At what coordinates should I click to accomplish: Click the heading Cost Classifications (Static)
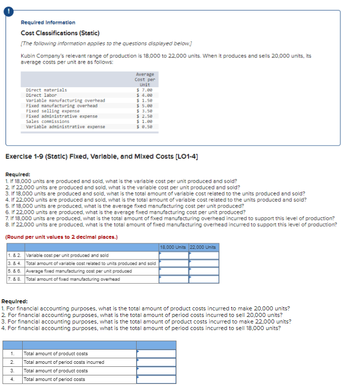pyautogui.click(x=56, y=33)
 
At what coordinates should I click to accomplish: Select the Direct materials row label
pyautogui.click(x=46, y=90)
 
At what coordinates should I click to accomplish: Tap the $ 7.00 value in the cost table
pyautogui.click(x=145, y=90)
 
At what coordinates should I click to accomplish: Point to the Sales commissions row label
pyautogui.click(x=48, y=121)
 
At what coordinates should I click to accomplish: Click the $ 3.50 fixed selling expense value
pyautogui.click(x=145, y=111)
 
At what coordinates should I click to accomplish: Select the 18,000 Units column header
pyautogui.click(x=174, y=247)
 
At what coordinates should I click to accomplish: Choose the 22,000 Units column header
pyautogui.click(x=204, y=247)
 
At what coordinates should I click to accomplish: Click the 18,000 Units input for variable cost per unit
pyautogui.click(x=174, y=255)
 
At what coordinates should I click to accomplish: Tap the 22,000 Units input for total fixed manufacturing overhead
pyautogui.click(x=204, y=279)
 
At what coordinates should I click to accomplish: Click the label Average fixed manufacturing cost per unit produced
pyautogui.click(x=79, y=271)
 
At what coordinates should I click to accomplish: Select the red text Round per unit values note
pyautogui.click(x=61, y=237)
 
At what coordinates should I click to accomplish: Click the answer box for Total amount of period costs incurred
pyautogui.click(x=156, y=362)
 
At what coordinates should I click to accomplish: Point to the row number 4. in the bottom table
pyautogui.click(x=12, y=379)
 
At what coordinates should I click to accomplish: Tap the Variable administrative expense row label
pyautogui.click(x=66, y=126)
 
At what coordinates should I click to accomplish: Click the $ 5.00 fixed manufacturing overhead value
pyautogui.click(x=145, y=106)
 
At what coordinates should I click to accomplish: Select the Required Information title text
pyautogui.click(x=48, y=23)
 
